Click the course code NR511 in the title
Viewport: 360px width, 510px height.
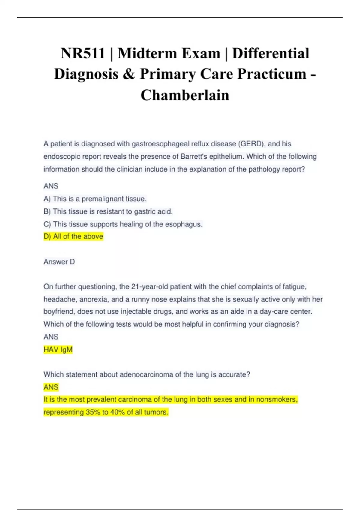click(x=83, y=54)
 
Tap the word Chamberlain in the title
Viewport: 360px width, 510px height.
click(x=185, y=95)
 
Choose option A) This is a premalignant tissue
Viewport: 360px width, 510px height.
click(x=95, y=199)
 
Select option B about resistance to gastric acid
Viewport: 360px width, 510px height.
click(x=108, y=212)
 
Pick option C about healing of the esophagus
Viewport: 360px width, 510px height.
click(x=123, y=224)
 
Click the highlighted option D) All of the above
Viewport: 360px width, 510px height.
click(x=73, y=237)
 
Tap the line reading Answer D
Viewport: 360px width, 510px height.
click(x=59, y=262)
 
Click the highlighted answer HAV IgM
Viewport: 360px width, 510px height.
click(x=58, y=350)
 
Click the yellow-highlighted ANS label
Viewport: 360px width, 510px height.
click(x=51, y=387)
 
